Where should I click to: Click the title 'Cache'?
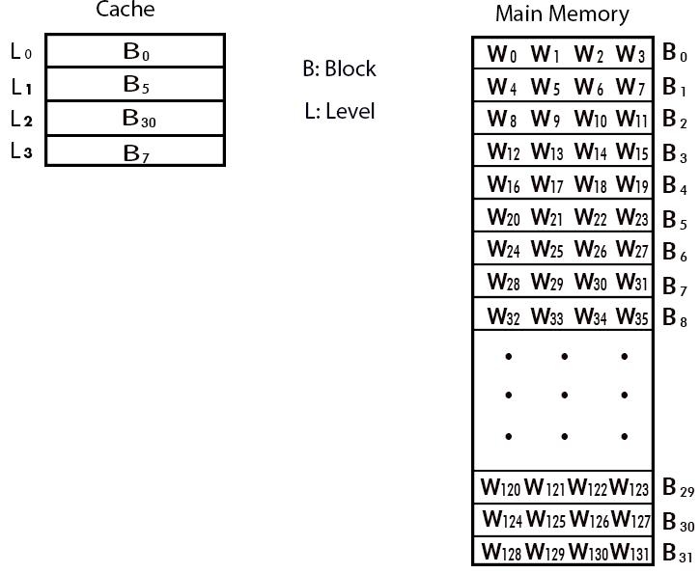coord(125,11)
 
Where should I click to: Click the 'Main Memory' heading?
coord(561,14)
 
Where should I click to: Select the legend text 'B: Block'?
coord(339,69)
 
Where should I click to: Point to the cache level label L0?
coord(20,52)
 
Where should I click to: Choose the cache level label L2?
coord(20,119)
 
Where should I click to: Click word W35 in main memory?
coord(631,315)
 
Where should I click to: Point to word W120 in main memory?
coord(502,488)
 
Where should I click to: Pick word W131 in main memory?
coord(632,554)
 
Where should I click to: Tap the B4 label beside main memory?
coord(674,186)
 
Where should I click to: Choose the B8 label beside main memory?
coord(674,317)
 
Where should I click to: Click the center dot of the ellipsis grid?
coord(564,396)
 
